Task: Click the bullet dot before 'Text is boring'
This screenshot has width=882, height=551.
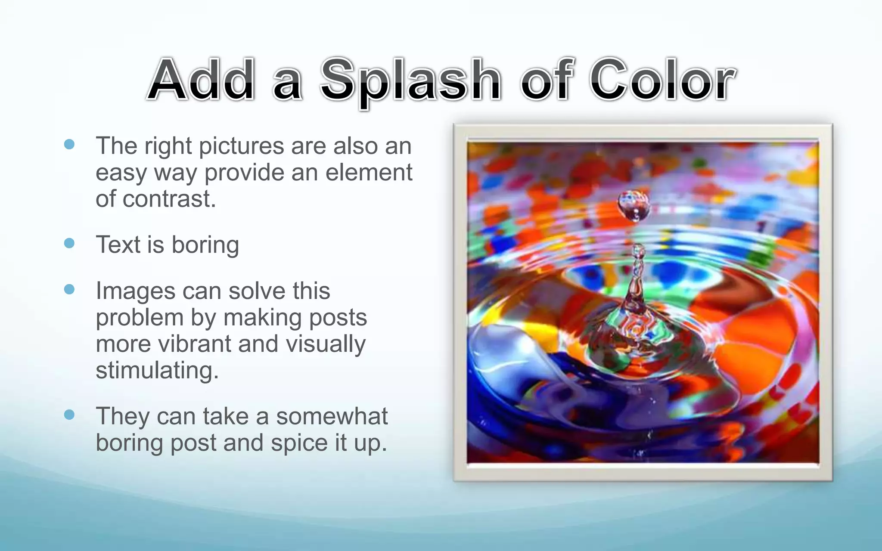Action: tap(69, 243)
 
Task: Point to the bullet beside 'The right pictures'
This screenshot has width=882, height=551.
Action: tap(69, 144)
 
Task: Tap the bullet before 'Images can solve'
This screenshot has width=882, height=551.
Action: tap(69, 289)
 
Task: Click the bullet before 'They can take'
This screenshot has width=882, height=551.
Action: tap(69, 415)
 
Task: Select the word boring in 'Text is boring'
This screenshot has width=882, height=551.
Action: tap(205, 245)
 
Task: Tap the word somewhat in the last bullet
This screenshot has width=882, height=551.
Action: tap(332, 416)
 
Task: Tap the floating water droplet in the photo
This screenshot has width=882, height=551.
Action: tap(633, 205)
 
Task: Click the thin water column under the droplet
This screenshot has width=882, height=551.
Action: tap(637, 275)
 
